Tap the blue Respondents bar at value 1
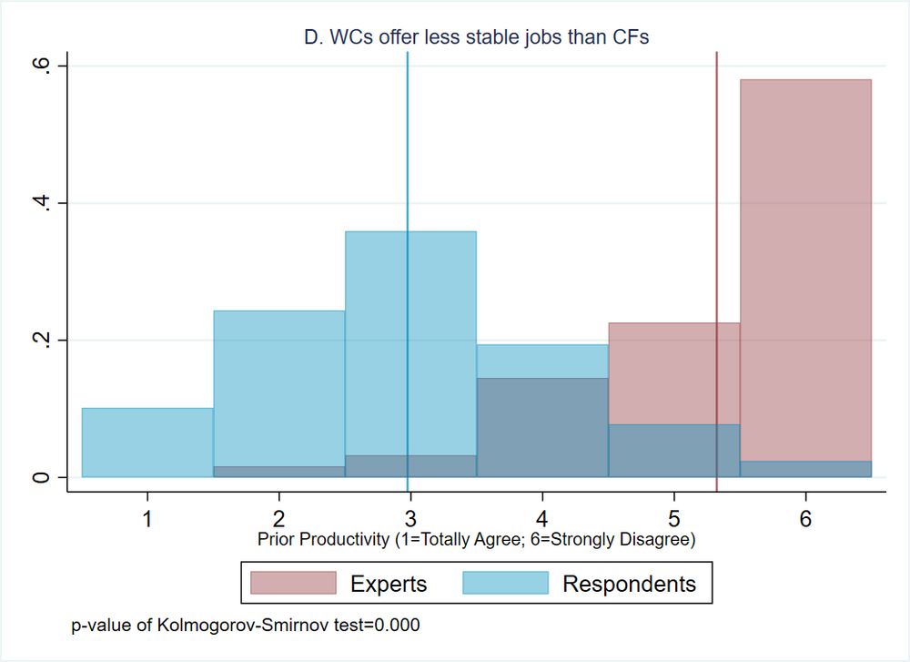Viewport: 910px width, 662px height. tap(147, 443)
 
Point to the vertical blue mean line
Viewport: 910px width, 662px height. tap(408, 182)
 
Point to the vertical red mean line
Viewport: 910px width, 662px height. tap(717, 182)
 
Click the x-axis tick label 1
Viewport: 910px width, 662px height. tap(147, 519)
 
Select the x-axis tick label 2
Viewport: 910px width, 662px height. tap(278, 519)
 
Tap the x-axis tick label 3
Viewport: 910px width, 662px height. tap(410, 519)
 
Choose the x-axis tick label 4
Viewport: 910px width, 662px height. tap(542, 519)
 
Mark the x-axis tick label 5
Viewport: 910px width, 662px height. tap(673, 519)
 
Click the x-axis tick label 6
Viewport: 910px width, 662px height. tap(805, 519)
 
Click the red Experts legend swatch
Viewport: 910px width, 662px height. tap(293, 583)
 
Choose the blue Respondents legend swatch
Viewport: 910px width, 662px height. tap(506, 583)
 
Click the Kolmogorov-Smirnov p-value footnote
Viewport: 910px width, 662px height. tap(246, 626)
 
